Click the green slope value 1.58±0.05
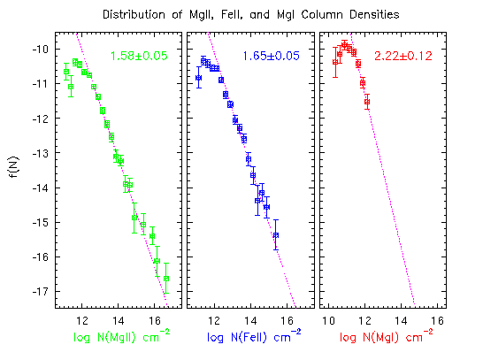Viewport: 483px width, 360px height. click(x=139, y=56)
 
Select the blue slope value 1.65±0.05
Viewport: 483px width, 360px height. click(x=271, y=56)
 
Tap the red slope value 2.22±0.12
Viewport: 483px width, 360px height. click(x=403, y=56)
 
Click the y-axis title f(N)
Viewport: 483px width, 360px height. click(x=14, y=167)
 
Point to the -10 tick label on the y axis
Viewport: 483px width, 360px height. click(x=41, y=49)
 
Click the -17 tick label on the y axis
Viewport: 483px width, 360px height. click(x=41, y=291)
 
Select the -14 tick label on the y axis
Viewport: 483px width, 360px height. click(x=41, y=188)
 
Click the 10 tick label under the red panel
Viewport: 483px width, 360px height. click(x=328, y=321)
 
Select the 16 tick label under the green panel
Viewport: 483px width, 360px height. click(x=155, y=321)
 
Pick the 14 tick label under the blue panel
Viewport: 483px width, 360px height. click(x=250, y=321)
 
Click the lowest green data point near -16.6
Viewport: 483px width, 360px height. click(x=166, y=279)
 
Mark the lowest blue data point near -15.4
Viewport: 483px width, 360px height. click(x=276, y=235)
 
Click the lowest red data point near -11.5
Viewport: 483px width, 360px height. click(x=367, y=102)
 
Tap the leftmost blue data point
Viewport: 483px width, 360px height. click(x=199, y=78)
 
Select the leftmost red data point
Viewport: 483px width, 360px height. click(x=335, y=62)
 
